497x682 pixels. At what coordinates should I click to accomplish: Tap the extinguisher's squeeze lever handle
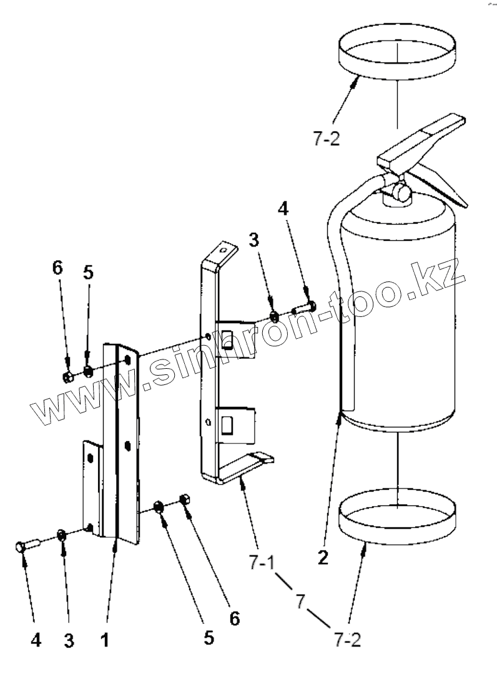[425, 135]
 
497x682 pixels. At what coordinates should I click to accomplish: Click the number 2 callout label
[322, 557]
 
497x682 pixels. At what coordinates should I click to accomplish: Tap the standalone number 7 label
[300, 602]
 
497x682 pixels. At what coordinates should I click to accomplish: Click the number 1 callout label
[106, 640]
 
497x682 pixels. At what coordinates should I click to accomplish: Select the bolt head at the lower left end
[21, 547]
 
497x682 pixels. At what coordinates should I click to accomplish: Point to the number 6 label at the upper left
[57, 268]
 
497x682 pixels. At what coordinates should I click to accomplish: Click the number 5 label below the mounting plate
[208, 638]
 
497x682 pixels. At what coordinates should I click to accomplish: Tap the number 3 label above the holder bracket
[253, 240]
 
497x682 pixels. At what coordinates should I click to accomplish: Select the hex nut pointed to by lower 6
[185, 500]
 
